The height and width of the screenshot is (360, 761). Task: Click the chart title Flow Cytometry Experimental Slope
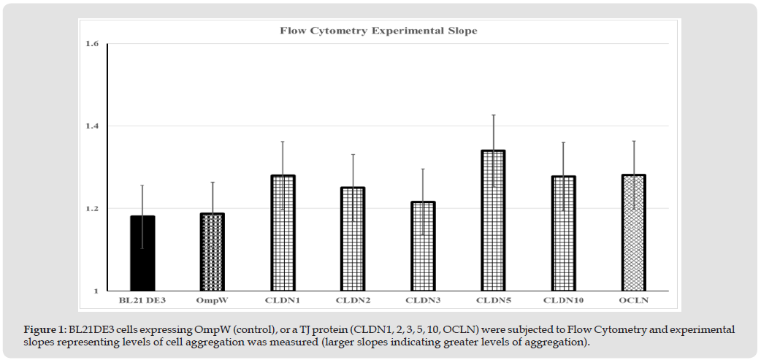(379, 31)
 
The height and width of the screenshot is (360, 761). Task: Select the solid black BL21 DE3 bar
(142, 253)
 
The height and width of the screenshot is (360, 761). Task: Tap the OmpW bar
(213, 252)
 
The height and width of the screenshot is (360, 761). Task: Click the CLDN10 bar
(563, 234)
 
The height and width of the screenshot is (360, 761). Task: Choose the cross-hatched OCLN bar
(633, 233)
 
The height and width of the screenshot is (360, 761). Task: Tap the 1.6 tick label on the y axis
(91, 44)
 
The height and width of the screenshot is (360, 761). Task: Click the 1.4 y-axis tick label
(91, 126)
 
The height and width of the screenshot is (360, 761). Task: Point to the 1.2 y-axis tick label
(91, 209)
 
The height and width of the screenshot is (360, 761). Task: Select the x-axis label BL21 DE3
(142, 300)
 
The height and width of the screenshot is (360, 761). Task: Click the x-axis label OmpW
(213, 300)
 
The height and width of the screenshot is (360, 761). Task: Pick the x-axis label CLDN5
(493, 300)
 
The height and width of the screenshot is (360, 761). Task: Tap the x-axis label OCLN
(633, 300)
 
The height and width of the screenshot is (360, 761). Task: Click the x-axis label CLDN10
(563, 300)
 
